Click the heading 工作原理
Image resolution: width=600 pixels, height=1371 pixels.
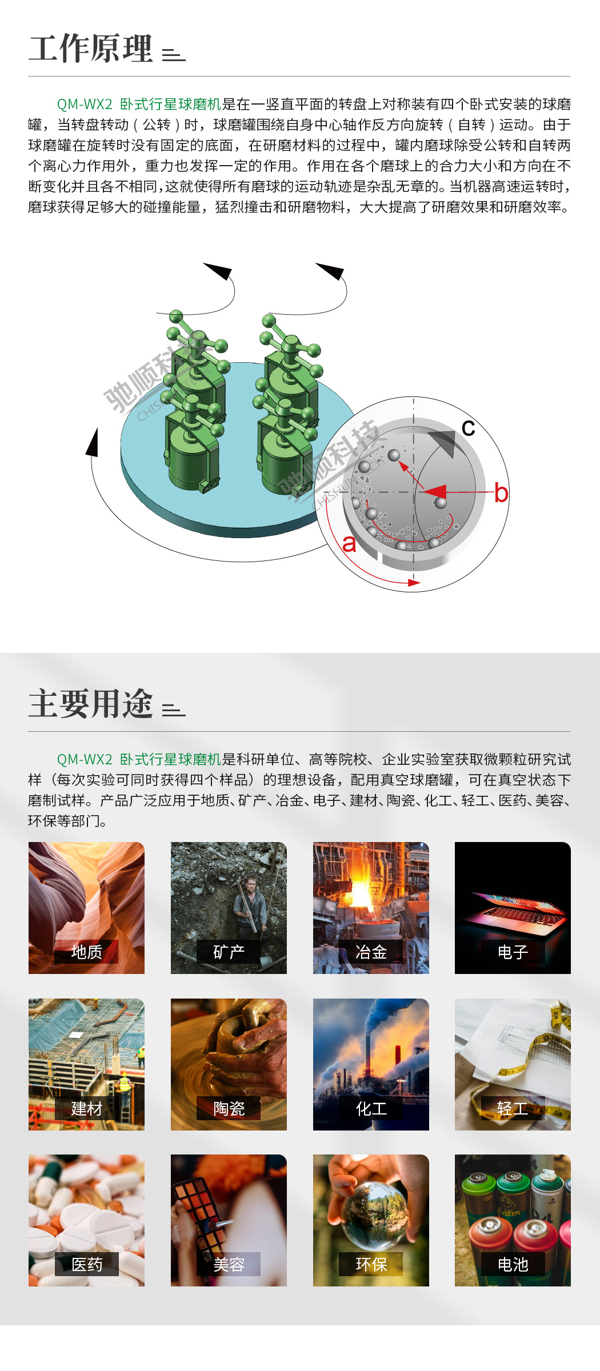[x=91, y=49]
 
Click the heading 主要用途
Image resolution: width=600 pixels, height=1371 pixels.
[x=91, y=703]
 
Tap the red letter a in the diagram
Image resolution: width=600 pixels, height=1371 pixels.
[x=349, y=544]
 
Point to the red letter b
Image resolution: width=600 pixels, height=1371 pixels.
[x=501, y=492]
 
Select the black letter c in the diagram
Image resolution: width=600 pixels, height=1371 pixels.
[x=468, y=428]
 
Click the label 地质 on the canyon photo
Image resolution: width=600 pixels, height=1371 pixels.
[x=87, y=952]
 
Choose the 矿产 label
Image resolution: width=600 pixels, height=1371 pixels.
[x=229, y=952]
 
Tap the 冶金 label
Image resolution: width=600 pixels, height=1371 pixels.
[x=371, y=952]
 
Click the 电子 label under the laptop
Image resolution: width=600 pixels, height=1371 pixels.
[x=513, y=952]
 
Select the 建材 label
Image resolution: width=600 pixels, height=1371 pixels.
[x=87, y=1108]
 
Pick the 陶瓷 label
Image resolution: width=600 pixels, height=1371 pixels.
[x=229, y=1108]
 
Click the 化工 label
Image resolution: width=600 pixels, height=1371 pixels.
[x=371, y=1108]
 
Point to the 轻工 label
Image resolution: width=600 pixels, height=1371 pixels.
[x=513, y=1108]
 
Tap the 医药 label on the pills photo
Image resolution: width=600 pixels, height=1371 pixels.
[x=87, y=1264]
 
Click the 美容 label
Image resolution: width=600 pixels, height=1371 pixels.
[x=229, y=1264]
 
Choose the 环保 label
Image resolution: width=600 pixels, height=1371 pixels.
[x=371, y=1264]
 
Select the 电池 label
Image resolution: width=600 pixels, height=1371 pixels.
[x=513, y=1264]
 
